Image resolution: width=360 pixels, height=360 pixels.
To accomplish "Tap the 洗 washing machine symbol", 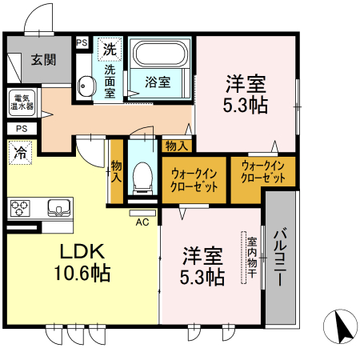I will click(108, 49).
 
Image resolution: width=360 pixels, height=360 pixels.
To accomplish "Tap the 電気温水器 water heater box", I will click(22, 102).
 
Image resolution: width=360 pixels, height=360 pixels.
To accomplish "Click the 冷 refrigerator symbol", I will click(21, 151).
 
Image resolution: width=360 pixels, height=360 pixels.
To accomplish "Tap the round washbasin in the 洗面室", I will click(86, 82).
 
